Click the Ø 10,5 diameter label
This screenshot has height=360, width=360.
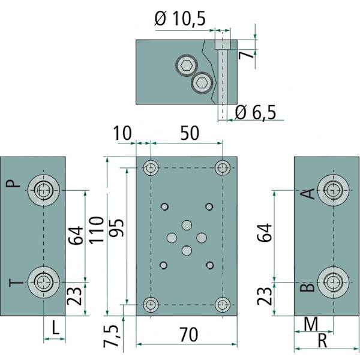(x=180, y=19)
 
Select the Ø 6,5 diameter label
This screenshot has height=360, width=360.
(x=256, y=112)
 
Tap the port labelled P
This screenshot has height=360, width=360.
(x=44, y=190)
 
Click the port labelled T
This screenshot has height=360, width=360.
(x=44, y=282)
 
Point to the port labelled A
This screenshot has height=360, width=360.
(x=333, y=190)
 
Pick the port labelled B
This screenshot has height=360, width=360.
(x=333, y=282)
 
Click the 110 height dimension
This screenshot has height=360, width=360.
(x=96, y=230)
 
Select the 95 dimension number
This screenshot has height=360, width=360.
(x=116, y=228)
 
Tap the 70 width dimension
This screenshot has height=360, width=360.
(x=188, y=335)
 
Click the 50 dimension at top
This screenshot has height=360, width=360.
(x=190, y=133)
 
